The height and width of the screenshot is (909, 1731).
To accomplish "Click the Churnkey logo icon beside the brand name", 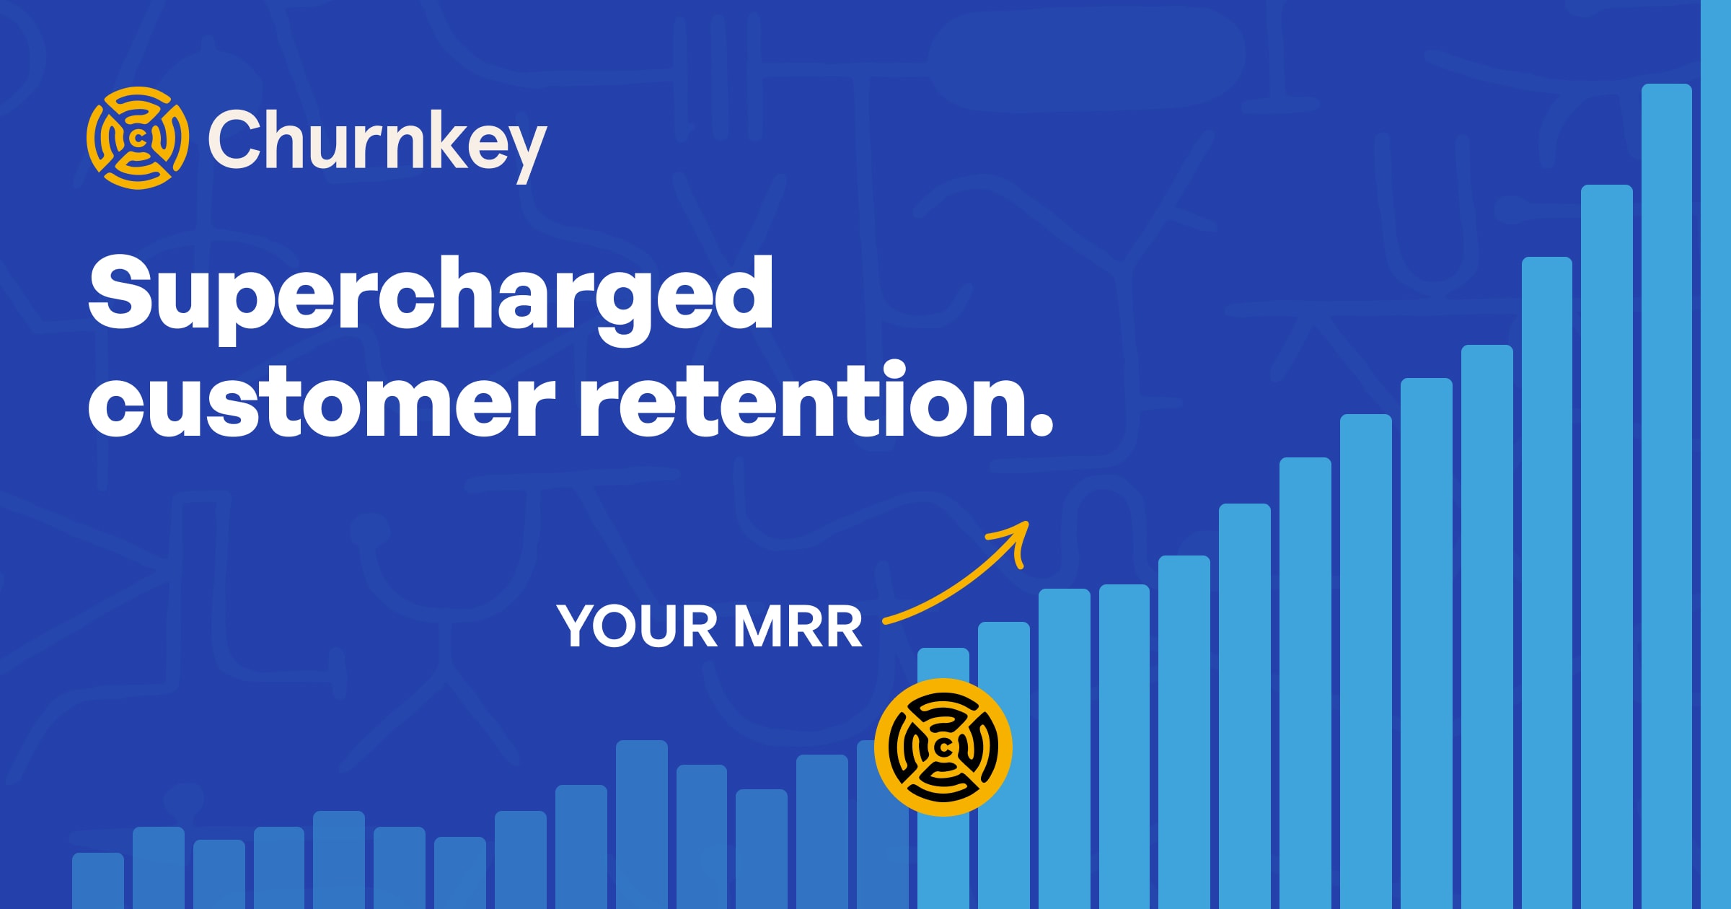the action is pyautogui.click(x=138, y=138).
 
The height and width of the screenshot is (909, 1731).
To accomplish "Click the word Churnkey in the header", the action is pyautogui.click(x=377, y=144).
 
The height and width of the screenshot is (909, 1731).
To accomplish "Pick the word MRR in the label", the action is pyautogui.click(x=798, y=626).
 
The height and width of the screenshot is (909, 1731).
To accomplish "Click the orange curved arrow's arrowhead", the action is pyautogui.click(x=1013, y=541).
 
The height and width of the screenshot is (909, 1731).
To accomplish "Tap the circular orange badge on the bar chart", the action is pyautogui.click(x=943, y=747).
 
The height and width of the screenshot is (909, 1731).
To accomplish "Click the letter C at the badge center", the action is pyautogui.click(x=943, y=748).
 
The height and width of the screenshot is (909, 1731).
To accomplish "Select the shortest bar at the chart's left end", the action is pyautogui.click(x=98, y=881).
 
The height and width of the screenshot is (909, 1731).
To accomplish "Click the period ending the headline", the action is pyautogui.click(x=1041, y=425).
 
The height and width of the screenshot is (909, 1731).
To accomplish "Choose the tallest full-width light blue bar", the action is pyautogui.click(x=1667, y=496).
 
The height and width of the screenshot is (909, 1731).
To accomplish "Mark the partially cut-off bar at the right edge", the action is pyautogui.click(x=1716, y=454).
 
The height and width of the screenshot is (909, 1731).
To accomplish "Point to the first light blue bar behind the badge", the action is pyautogui.click(x=943, y=778).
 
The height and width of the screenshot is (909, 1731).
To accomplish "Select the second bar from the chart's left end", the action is pyautogui.click(x=159, y=868).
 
